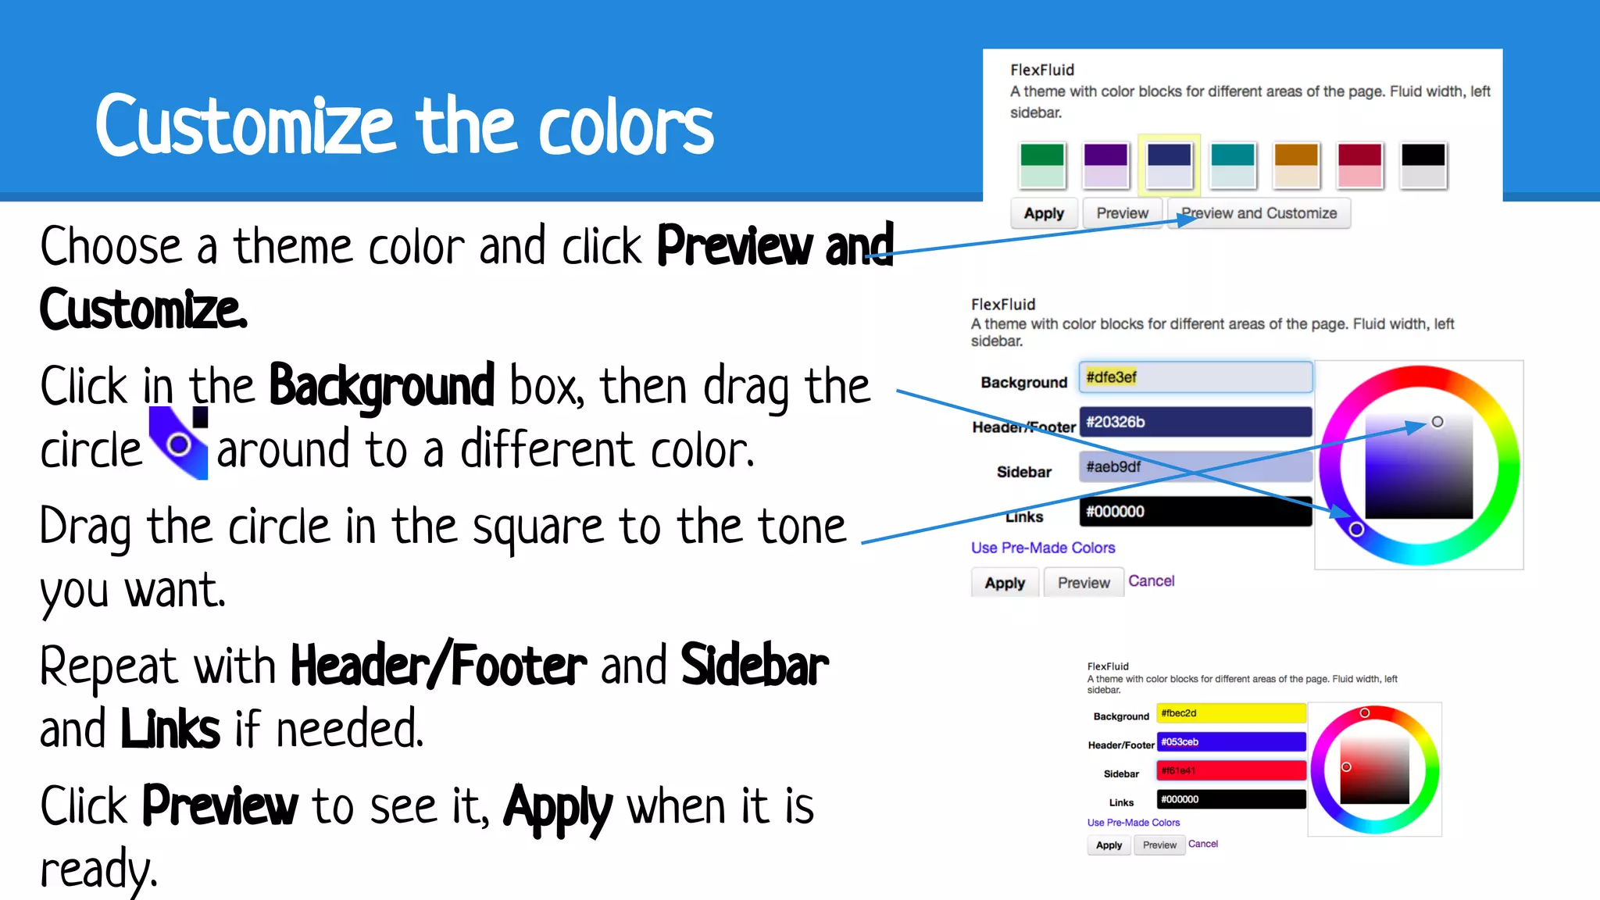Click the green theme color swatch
[x=1042, y=165]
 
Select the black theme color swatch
[x=1423, y=165]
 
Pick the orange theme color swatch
[x=1296, y=165]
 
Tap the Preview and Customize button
[x=1259, y=213]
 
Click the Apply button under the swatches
[x=1044, y=213]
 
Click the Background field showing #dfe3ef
[x=1195, y=377]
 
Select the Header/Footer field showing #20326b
[x=1195, y=422]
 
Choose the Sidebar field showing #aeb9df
[x=1195, y=467]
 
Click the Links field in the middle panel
[x=1195, y=512]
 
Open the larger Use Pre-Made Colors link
[x=1042, y=548]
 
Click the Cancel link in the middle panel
[x=1151, y=581]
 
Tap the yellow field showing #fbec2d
[x=1230, y=713]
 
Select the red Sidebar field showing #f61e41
[x=1230, y=771]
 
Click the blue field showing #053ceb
[x=1230, y=742]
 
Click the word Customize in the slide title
[x=245, y=127]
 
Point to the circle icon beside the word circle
[x=179, y=445]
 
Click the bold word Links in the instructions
[x=170, y=730]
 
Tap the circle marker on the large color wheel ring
[x=1357, y=530]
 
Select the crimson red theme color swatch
[x=1359, y=165]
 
